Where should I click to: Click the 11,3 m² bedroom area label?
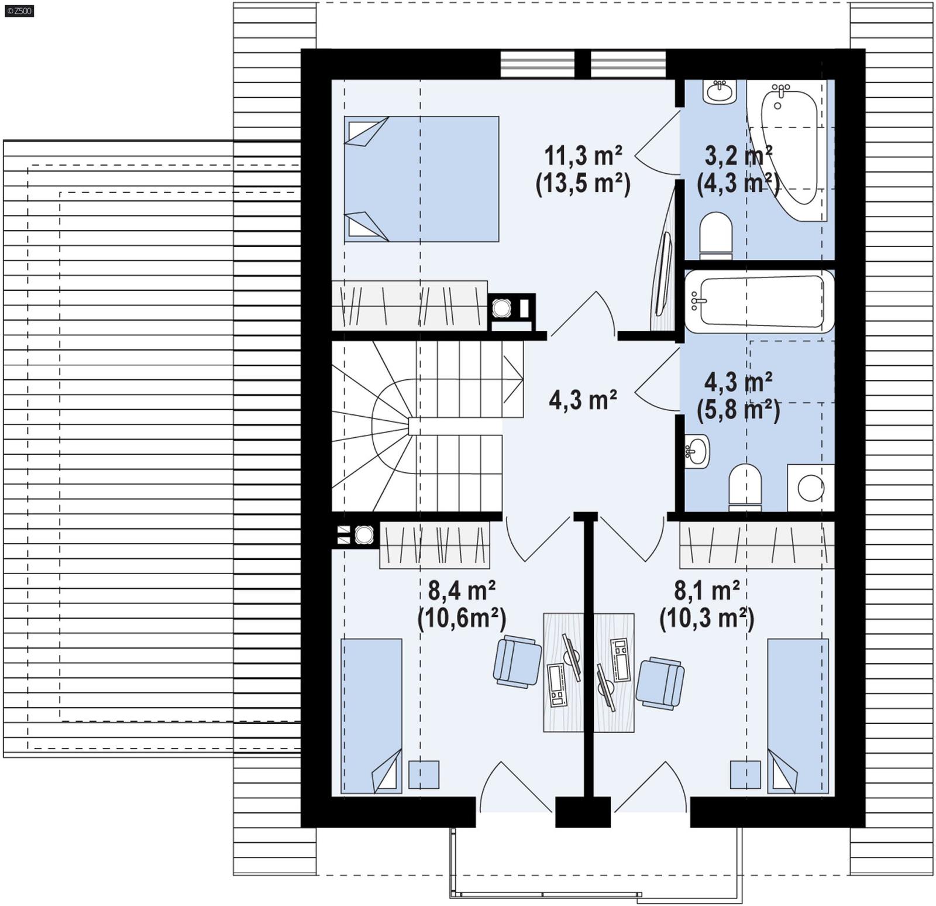(x=583, y=157)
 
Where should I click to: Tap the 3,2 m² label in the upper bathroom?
(x=738, y=156)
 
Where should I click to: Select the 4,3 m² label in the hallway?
(x=583, y=400)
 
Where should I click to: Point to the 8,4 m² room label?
(x=462, y=591)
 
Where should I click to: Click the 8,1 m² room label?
(x=707, y=591)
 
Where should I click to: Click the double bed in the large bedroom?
(x=421, y=179)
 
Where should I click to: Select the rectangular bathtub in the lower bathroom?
(x=759, y=301)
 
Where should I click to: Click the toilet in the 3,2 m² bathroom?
(x=715, y=235)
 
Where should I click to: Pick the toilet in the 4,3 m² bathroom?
(x=745, y=485)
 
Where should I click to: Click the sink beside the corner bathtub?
(x=719, y=92)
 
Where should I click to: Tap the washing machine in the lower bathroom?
(x=810, y=488)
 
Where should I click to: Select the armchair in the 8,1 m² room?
(x=660, y=683)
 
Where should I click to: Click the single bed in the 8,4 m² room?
(x=371, y=715)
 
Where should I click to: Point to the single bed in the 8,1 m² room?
(x=798, y=715)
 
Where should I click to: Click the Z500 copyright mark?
(x=19, y=11)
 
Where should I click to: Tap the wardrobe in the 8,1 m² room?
(x=756, y=545)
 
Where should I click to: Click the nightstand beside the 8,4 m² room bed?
(x=424, y=774)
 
